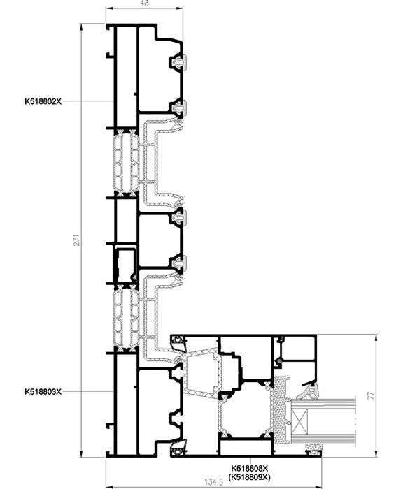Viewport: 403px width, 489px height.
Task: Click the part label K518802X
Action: pyautogui.click(x=43, y=101)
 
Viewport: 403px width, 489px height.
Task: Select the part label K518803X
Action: pyautogui.click(x=43, y=391)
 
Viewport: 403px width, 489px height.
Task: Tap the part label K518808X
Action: pyautogui.click(x=250, y=469)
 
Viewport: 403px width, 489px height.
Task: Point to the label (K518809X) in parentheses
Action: pyautogui.click(x=250, y=477)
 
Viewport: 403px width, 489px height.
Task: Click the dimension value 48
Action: pyautogui.click(x=145, y=3)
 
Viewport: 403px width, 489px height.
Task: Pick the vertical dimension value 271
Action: pyautogui.click(x=76, y=240)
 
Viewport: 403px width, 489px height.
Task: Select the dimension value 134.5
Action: pyautogui.click(x=214, y=482)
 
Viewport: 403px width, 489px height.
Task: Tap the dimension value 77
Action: pyautogui.click(x=371, y=396)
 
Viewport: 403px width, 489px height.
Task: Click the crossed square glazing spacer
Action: pyautogui.click(x=299, y=422)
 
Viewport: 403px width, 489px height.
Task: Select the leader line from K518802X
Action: pyautogui.click(x=87, y=101)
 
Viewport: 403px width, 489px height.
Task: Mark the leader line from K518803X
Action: pyautogui.click(x=87, y=391)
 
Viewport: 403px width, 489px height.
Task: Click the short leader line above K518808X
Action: pyautogui.click(x=250, y=461)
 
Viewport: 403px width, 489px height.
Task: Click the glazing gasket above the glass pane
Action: pyautogui.click(x=309, y=391)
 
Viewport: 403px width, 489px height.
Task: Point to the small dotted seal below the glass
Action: pyautogui.click(x=314, y=448)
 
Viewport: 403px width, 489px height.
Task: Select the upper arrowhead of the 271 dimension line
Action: pyautogui.click(x=81, y=27)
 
